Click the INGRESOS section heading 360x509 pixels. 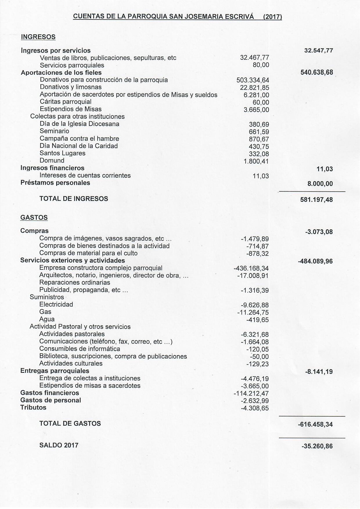(x=38, y=37)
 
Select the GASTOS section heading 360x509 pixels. (x=34, y=217)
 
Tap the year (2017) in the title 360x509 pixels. (x=272, y=17)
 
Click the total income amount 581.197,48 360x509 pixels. (x=316, y=200)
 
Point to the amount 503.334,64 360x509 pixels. (x=253, y=80)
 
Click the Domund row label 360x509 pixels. (x=52, y=161)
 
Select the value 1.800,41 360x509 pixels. (x=256, y=161)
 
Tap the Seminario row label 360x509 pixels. (x=54, y=131)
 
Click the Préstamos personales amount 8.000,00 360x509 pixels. (x=320, y=184)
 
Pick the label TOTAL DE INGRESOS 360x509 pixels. (x=74, y=199)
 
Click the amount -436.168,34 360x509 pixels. (x=251, y=268)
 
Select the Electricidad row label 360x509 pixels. (x=56, y=305)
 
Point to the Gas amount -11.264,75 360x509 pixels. (x=253, y=313)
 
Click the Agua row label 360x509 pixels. (x=47, y=319)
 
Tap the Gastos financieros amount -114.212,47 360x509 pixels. (x=251, y=394)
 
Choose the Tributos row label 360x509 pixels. (x=33, y=408)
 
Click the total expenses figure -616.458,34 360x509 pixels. (x=315, y=425)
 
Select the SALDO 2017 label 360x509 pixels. (x=59, y=445)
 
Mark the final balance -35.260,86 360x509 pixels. (x=317, y=446)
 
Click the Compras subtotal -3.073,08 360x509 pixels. (x=319, y=232)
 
